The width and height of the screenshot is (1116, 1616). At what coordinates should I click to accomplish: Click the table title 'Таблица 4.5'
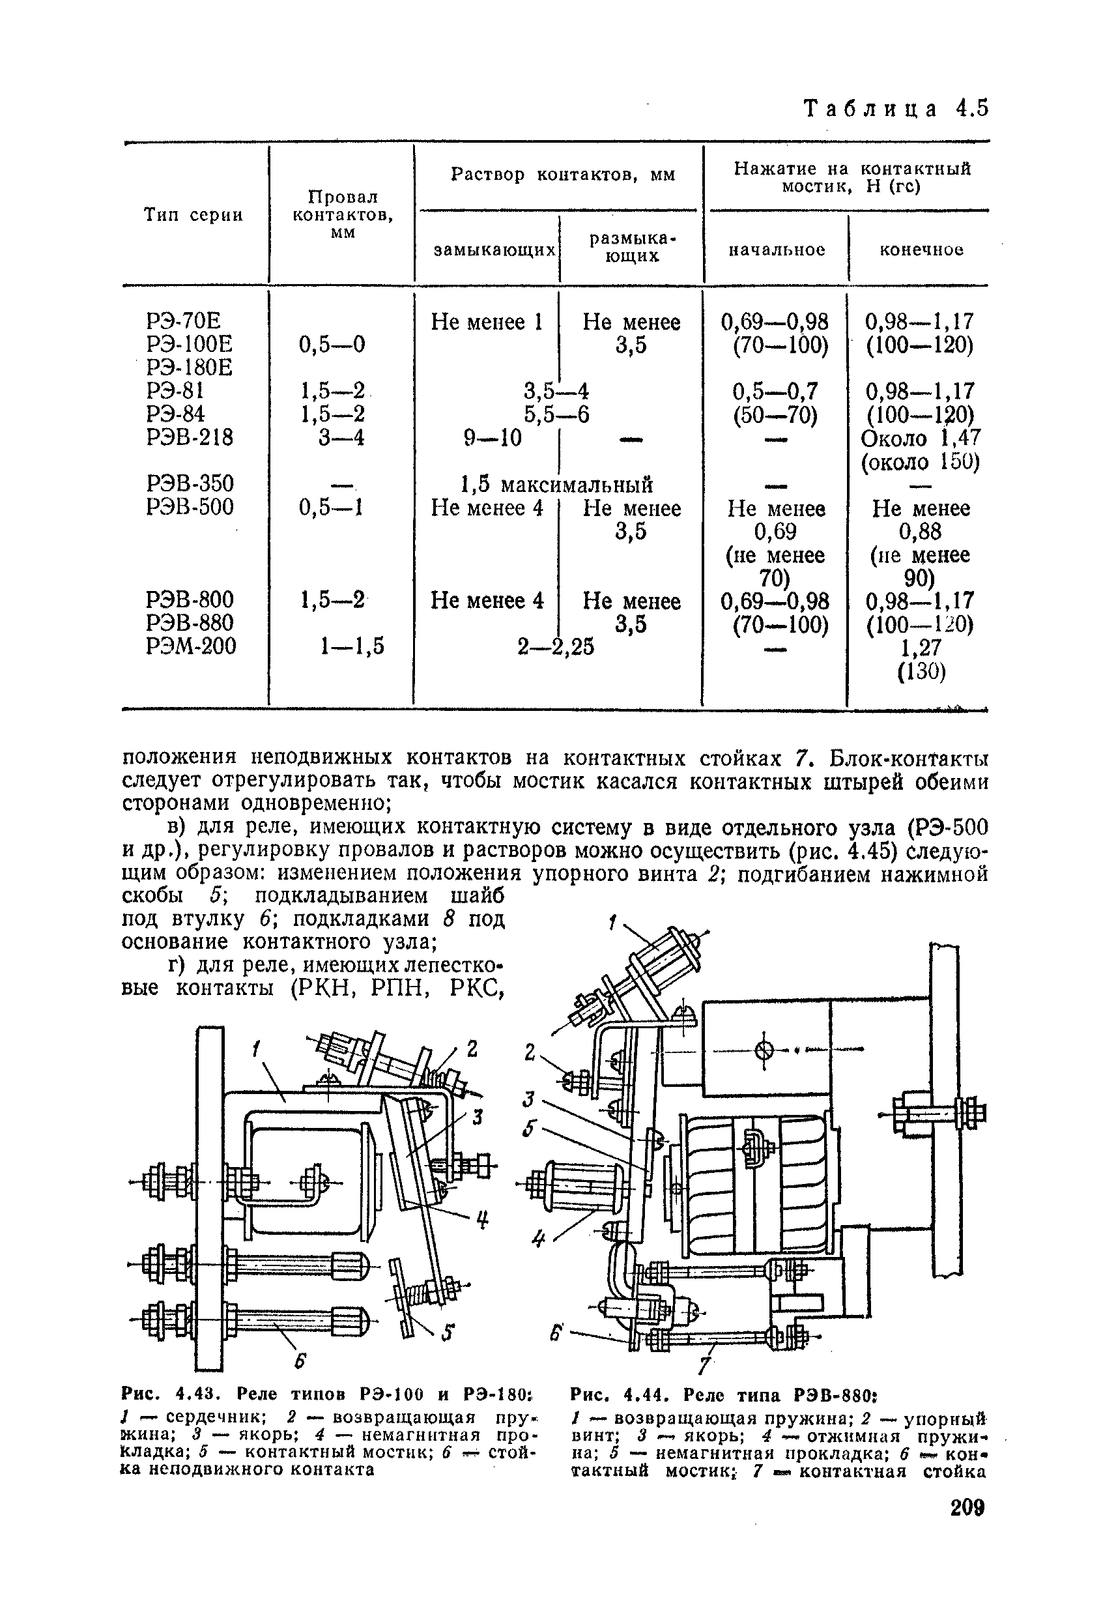click(x=897, y=109)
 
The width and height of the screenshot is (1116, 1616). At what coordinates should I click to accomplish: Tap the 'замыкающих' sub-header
click(x=495, y=250)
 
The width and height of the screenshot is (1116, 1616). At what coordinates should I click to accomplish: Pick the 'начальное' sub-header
click(x=777, y=250)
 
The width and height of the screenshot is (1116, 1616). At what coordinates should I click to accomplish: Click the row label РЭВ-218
click(x=190, y=438)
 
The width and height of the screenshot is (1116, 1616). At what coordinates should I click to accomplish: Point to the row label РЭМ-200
click(x=191, y=646)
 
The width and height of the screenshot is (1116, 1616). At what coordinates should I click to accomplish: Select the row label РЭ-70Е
click(x=183, y=322)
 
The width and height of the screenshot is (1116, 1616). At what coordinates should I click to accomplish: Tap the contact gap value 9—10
click(x=493, y=439)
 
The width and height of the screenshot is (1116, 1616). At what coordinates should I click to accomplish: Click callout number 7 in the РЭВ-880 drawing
click(x=705, y=1364)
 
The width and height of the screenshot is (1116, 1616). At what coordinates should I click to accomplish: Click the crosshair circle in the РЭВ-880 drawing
click(x=765, y=1050)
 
